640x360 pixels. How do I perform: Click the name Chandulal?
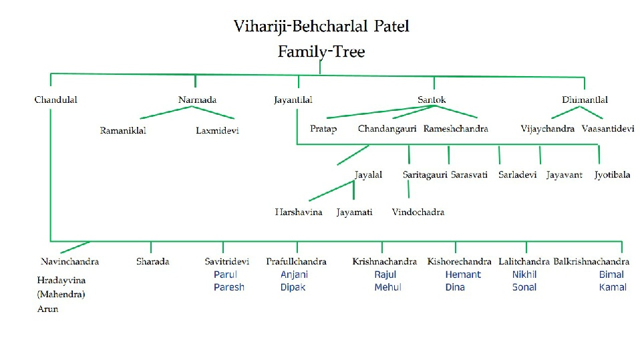[56, 100]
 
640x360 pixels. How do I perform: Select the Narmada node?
[197, 100]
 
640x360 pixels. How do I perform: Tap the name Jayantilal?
[293, 100]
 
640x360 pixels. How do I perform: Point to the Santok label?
[432, 100]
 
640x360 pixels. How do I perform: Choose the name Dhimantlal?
[585, 100]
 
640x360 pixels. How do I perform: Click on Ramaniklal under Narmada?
[123, 130]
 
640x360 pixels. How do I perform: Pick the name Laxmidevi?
[217, 131]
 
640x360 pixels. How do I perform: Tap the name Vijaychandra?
[548, 129]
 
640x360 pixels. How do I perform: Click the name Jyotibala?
[612, 175]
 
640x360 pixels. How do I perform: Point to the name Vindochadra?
[418, 212]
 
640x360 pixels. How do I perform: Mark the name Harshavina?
[299, 212]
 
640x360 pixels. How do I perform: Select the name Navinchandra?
[69, 262]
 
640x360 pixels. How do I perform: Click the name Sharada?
[153, 262]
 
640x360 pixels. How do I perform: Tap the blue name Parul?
[225, 275]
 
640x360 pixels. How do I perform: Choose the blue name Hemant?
[463, 275]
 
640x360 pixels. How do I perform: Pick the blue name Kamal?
[613, 287]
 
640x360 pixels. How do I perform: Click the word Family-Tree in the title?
[321, 51]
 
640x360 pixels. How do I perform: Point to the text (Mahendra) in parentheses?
[61, 294]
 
